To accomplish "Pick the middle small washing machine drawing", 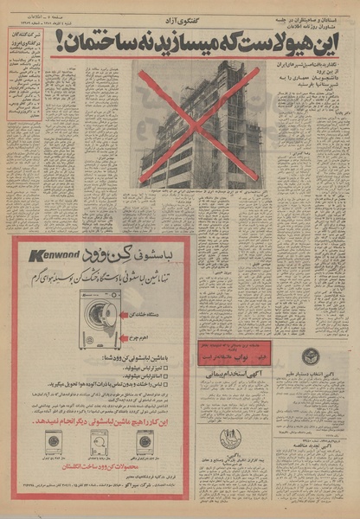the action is (x=98, y=443).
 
